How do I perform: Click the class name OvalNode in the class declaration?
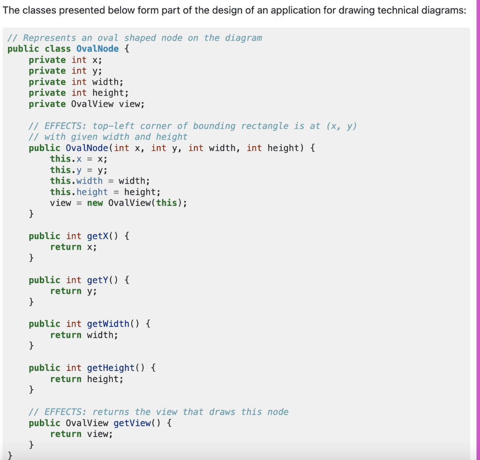tap(97, 49)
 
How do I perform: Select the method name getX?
tap(97, 236)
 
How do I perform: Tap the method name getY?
tap(97, 280)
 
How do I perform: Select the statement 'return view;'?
tap(82, 434)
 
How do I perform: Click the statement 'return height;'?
tap(87, 379)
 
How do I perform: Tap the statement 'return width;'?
tap(84, 335)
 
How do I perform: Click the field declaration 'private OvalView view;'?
tap(87, 104)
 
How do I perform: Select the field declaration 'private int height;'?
tap(78, 93)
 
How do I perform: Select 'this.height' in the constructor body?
tap(79, 192)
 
